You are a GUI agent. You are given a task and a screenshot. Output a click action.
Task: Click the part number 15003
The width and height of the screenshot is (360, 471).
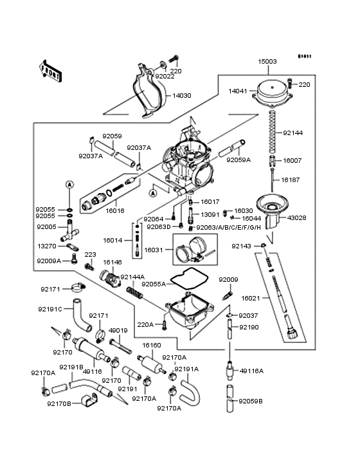267,61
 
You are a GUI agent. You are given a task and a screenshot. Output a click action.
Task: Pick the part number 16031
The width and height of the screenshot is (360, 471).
154,250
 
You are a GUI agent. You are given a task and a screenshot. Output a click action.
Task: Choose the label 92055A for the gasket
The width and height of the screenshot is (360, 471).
154,284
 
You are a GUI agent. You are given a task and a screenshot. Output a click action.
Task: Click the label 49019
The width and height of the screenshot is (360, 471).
118,330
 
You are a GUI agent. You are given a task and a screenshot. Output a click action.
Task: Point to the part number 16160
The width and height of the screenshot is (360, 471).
151,345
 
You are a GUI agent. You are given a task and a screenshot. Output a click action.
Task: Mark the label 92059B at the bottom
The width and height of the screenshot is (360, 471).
251,401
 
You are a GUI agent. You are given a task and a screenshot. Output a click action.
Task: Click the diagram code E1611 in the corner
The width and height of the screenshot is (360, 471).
305,56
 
